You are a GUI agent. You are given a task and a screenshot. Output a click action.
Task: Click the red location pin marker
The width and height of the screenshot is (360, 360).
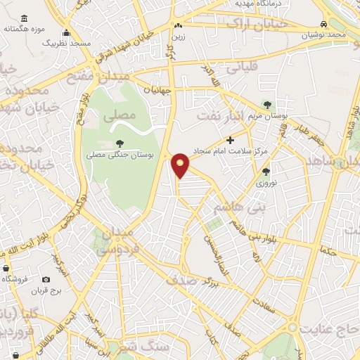pyautogui.click(x=181, y=165)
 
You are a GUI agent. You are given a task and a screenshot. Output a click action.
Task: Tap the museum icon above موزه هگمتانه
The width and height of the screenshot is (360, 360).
pyautogui.click(x=25, y=18)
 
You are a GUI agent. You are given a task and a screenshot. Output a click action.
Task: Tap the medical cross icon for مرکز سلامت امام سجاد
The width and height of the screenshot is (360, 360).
pyautogui.click(x=229, y=140)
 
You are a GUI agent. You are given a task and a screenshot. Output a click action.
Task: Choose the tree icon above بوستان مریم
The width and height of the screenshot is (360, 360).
pyautogui.click(x=266, y=104)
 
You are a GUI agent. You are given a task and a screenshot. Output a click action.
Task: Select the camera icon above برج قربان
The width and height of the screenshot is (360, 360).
pyautogui.click(x=46, y=279)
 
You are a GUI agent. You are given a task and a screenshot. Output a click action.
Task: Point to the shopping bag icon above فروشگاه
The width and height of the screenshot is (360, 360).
pyautogui.click(x=6, y=269)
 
